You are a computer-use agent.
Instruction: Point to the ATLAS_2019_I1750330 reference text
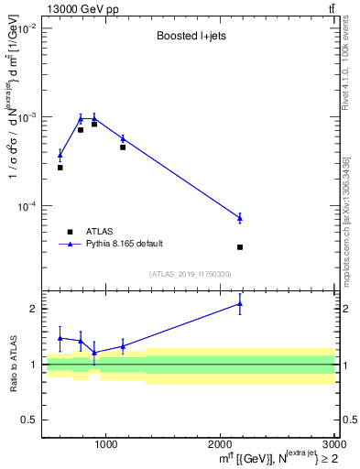pyautogui.click(x=190, y=274)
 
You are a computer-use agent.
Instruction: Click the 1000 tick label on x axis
pyautogui.click(x=105, y=444)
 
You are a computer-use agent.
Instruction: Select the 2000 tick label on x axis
pyautogui.click(x=220, y=444)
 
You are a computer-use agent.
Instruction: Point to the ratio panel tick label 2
pyautogui.click(x=35, y=309)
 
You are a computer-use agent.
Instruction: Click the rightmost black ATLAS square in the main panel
pyautogui.click(x=239, y=247)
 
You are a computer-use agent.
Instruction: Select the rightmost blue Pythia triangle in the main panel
pyautogui.click(x=239, y=218)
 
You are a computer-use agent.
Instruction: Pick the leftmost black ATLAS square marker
pyautogui.click(x=60, y=168)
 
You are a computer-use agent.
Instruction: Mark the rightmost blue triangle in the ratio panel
pyautogui.click(x=239, y=303)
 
